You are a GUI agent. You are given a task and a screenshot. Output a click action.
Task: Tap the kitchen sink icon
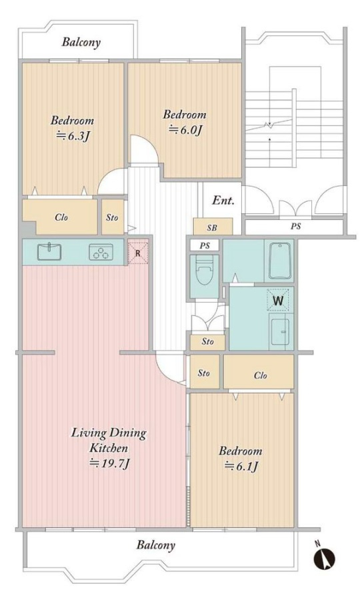point(49,252)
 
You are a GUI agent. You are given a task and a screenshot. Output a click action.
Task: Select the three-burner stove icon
point(101,252)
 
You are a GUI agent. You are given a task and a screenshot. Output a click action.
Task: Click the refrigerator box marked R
point(138,253)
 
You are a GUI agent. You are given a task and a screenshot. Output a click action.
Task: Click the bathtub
point(280,261)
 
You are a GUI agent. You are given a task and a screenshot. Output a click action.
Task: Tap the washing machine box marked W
point(278,301)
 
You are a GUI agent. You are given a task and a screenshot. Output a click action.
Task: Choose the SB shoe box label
point(212,228)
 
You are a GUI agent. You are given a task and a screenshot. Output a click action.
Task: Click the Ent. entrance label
point(223,201)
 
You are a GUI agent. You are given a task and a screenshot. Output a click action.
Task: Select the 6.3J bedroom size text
point(73,136)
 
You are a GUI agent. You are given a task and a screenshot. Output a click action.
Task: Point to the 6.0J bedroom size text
point(185,130)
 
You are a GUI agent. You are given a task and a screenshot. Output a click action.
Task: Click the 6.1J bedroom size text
point(241,466)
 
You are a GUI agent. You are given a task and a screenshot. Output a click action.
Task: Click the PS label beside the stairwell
point(295,226)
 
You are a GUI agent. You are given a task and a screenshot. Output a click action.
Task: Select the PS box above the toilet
point(205,245)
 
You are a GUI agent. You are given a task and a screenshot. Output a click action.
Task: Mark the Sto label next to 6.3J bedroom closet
point(112,218)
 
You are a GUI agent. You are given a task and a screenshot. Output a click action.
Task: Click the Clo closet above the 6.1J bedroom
point(261,375)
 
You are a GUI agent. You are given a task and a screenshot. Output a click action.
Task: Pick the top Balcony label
point(81,42)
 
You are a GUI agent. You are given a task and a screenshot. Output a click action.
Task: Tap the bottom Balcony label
point(155,545)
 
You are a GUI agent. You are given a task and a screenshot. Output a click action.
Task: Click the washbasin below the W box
point(280,331)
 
